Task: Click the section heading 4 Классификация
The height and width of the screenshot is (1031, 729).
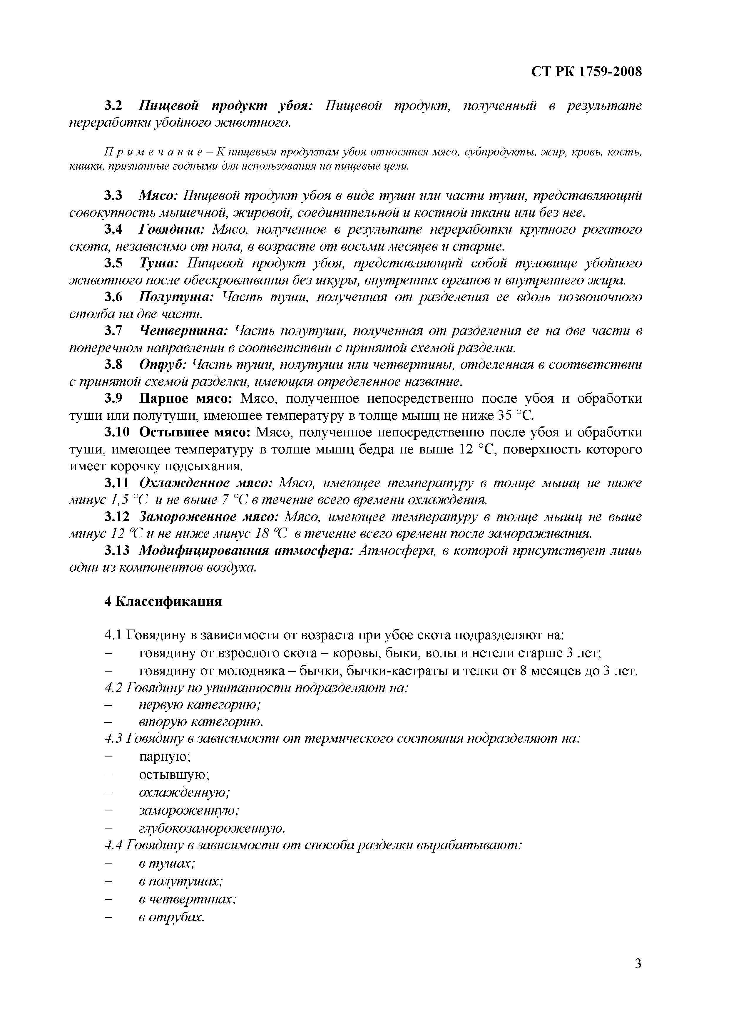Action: click(x=163, y=601)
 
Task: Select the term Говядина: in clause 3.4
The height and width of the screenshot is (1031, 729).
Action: click(x=172, y=230)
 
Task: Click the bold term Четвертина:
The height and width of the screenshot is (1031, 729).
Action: click(x=184, y=331)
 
